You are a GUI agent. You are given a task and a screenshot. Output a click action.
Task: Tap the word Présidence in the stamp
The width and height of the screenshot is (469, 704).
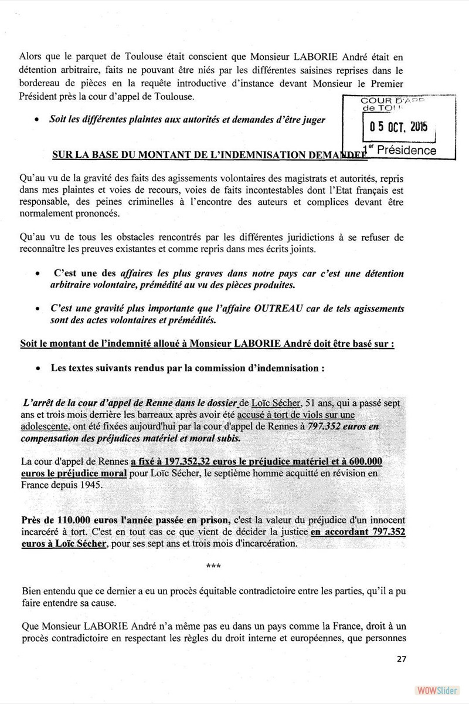click(407, 150)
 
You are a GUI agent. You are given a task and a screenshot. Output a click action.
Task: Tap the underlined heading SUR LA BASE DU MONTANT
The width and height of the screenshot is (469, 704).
click(208, 155)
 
